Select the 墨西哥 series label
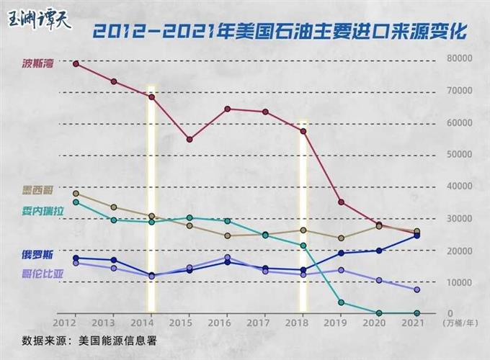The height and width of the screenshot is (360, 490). click(x=37, y=192)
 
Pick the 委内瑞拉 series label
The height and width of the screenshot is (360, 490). click(x=43, y=211)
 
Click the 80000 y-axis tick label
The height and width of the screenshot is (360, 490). click(x=459, y=58)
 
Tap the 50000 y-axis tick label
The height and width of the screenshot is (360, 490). click(x=459, y=155)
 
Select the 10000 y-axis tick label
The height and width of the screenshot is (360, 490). click(x=459, y=282)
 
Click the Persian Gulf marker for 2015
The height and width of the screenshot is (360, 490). click(x=190, y=140)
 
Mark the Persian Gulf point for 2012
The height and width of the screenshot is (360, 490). click(x=76, y=64)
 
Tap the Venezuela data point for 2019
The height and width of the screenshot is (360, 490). click(x=341, y=302)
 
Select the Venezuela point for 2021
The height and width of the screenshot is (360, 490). click(x=416, y=313)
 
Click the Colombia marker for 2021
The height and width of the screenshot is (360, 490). click(x=416, y=289)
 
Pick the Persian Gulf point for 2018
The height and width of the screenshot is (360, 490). click(x=303, y=131)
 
